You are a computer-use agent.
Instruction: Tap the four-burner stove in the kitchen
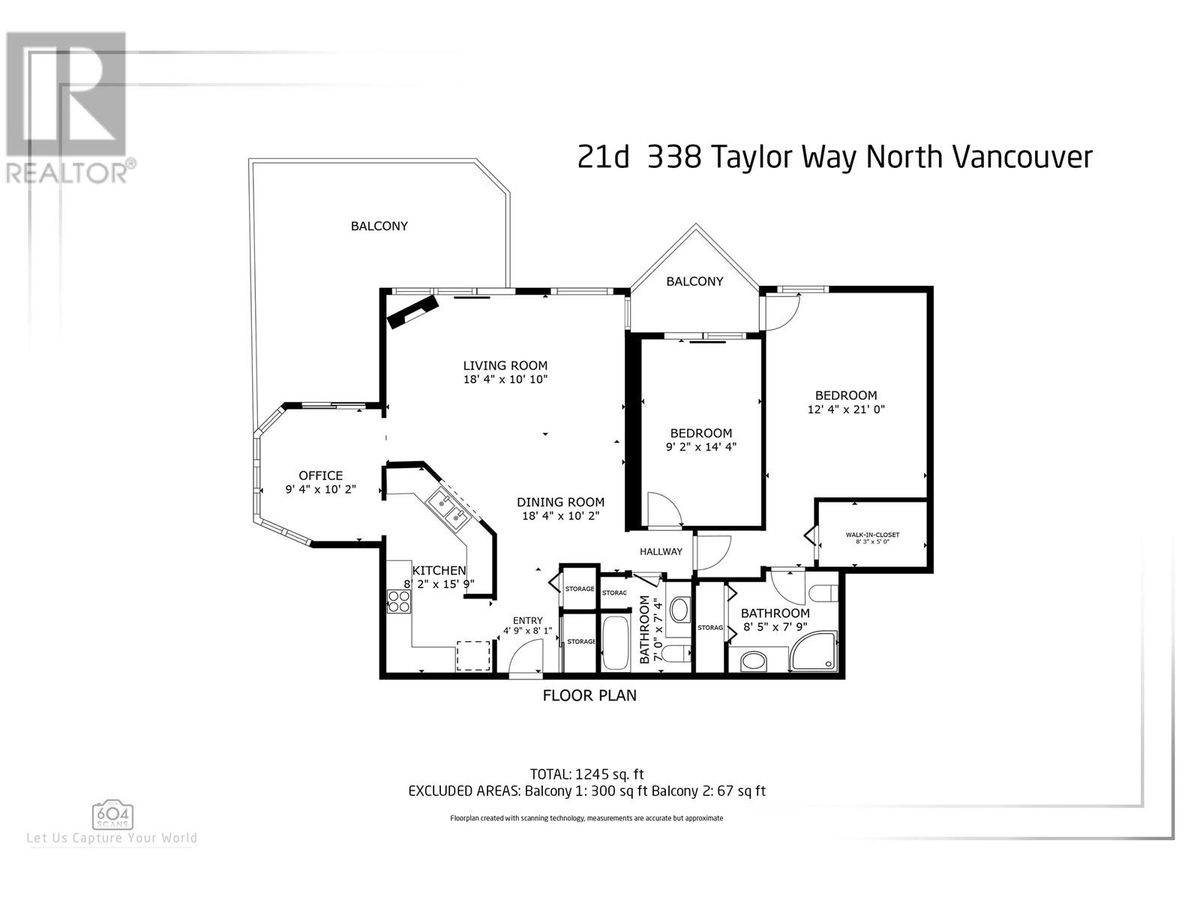pyautogui.click(x=398, y=601)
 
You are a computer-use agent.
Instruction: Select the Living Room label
pyautogui.click(x=505, y=365)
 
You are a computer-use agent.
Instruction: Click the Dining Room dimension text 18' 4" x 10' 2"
pyautogui.click(x=561, y=515)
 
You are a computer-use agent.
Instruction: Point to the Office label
pyautogui.click(x=320, y=475)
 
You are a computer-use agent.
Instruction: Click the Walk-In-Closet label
pyautogui.click(x=872, y=535)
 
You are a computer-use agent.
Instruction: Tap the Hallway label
pyautogui.click(x=661, y=551)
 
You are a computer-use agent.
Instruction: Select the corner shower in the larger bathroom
pyautogui.click(x=814, y=651)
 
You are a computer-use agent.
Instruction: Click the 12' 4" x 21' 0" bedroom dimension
pyautogui.click(x=846, y=409)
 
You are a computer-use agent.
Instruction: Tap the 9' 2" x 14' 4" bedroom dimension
pyautogui.click(x=700, y=446)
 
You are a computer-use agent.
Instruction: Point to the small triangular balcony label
pyautogui.click(x=694, y=281)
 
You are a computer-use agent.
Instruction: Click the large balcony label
pyautogui.click(x=379, y=226)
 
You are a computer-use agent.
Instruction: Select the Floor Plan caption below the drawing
pyautogui.click(x=590, y=696)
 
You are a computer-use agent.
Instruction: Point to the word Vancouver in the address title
pyautogui.click(x=1022, y=157)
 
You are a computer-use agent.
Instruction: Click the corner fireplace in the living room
pyautogui.click(x=413, y=312)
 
